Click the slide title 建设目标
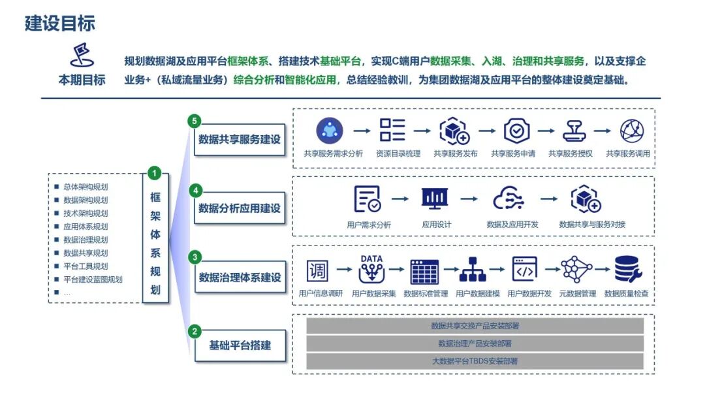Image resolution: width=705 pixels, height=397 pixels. pos(60,24)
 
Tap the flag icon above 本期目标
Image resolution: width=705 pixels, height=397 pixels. pos(82,55)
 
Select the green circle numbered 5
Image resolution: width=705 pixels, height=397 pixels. pos(195,121)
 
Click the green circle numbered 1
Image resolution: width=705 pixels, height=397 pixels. pos(154,173)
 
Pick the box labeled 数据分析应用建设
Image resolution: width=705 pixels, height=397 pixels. pos(240,208)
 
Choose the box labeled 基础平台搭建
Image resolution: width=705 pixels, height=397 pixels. pos(240,345)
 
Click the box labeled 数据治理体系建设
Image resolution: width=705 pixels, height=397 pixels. pos(240,277)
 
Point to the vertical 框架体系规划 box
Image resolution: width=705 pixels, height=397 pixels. pos(155,238)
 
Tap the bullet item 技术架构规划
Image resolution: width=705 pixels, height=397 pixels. pos(86,213)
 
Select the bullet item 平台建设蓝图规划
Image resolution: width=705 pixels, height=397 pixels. pos(93,279)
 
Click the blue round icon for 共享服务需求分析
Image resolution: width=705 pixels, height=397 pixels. pos(330,131)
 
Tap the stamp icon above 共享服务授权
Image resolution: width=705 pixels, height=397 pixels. pos(574,131)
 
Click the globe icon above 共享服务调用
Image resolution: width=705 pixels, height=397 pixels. pos(632,131)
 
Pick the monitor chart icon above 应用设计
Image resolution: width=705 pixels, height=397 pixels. pos(435,198)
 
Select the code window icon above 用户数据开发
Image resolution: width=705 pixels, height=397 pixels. pos(525,269)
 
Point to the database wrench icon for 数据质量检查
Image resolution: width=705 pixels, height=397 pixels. pos(628,269)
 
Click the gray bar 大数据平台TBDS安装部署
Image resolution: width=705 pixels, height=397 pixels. pos(475,361)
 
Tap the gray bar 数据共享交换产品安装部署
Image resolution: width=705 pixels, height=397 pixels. pos(475,326)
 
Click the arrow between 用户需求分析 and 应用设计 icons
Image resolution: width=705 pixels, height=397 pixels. pos(400,198)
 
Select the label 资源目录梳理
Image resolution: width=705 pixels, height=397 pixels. pos(398,153)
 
